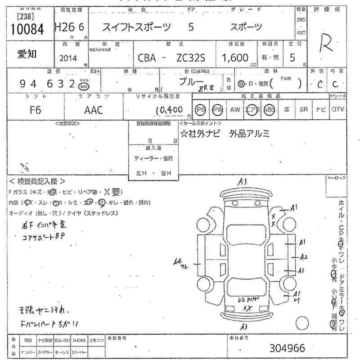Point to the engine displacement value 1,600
235,58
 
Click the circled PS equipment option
201,110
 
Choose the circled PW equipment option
218,110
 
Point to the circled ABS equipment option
270,110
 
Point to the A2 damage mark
304,257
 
